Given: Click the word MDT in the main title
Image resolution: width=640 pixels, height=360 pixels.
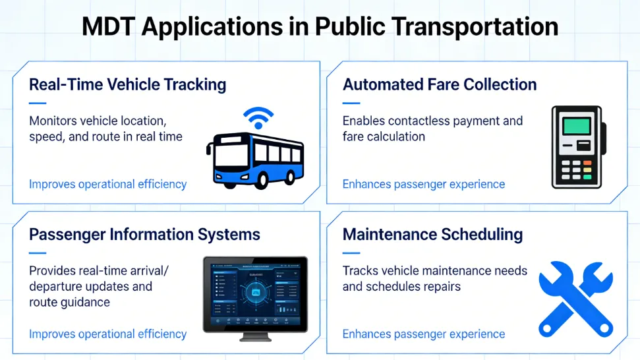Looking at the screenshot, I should tap(108, 27).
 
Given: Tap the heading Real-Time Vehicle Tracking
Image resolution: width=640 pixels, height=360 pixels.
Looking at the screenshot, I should tap(128, 84).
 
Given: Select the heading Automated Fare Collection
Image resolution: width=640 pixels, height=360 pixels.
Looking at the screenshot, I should tap(440, 84).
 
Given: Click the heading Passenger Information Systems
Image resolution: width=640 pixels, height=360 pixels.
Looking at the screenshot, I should tap(145, 234).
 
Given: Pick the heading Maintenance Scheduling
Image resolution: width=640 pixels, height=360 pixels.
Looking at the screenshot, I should tap(432, 234).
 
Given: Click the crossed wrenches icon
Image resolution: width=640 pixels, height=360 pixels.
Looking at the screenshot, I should tap(575, 298).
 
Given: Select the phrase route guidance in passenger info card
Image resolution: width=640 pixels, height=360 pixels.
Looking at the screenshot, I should tap(69, 302).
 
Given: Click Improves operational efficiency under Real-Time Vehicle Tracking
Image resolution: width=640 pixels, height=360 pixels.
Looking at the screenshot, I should tap(107, 185).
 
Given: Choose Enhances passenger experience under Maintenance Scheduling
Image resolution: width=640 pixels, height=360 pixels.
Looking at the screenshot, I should tap(423, 334).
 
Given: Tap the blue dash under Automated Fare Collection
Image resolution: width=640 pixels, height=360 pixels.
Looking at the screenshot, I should tap(351, 103).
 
